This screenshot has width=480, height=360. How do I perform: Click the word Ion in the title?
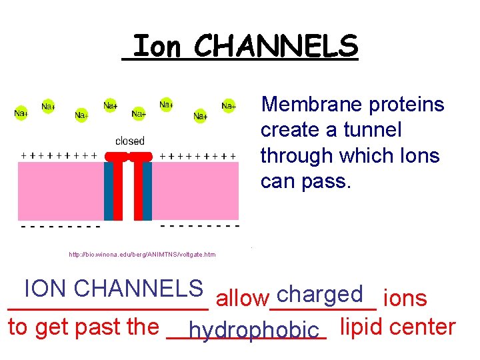pyautogui.click(x=157, y=47)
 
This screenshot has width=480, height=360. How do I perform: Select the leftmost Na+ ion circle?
pyautogui.click(x=21, y=113)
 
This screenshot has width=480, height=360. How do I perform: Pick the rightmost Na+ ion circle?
pyautogui.click(x=228, y=105)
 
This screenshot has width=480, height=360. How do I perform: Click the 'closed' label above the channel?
pyautogui.click(x=129, y=141)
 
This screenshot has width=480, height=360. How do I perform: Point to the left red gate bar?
pyautogui.click(x=118, y=187)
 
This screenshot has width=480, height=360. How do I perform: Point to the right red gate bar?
pyautogui.click(x=137, y=187)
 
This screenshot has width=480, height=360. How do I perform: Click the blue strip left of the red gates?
pyautogui.click(x=108, y=191)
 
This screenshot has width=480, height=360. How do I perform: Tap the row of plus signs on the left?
pyautogui.click(x=59, y=155)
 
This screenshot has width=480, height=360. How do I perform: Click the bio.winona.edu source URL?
pyautogui.click(x=142, y=255)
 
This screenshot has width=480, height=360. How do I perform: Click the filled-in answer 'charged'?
pyautogui.click(x=322, y=294)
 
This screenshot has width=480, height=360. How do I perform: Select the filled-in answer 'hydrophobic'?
pyautogui.click(x=253, y=329)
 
